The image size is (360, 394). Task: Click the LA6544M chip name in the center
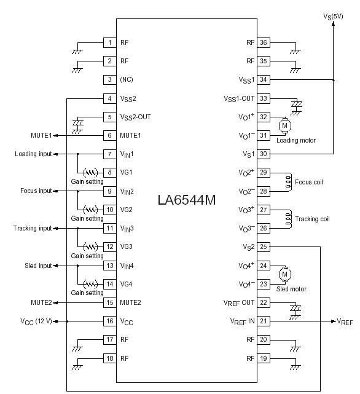tap(187, 200)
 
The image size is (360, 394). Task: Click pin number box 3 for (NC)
tap(110, 79)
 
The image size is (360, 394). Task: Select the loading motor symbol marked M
tap(284, 125)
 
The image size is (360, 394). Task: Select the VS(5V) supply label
tap(333, 17)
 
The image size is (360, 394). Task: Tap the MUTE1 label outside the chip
tap(41, 135)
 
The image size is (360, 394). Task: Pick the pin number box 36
tap(264, 42)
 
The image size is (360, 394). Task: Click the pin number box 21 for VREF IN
tap(264, 321)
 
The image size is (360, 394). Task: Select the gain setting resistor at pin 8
tap(91, 173)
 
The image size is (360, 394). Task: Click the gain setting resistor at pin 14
tap(91, 284)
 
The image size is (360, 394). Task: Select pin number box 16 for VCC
tap(110, 321)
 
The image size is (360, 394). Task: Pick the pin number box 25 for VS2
tap(264, 246)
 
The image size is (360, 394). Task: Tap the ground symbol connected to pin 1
tap(77, 52)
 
